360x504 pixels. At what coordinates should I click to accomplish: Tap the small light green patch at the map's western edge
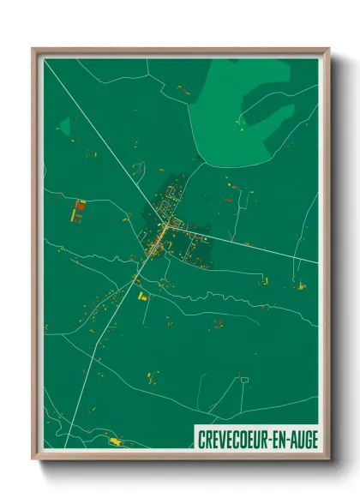click(63, 129)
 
